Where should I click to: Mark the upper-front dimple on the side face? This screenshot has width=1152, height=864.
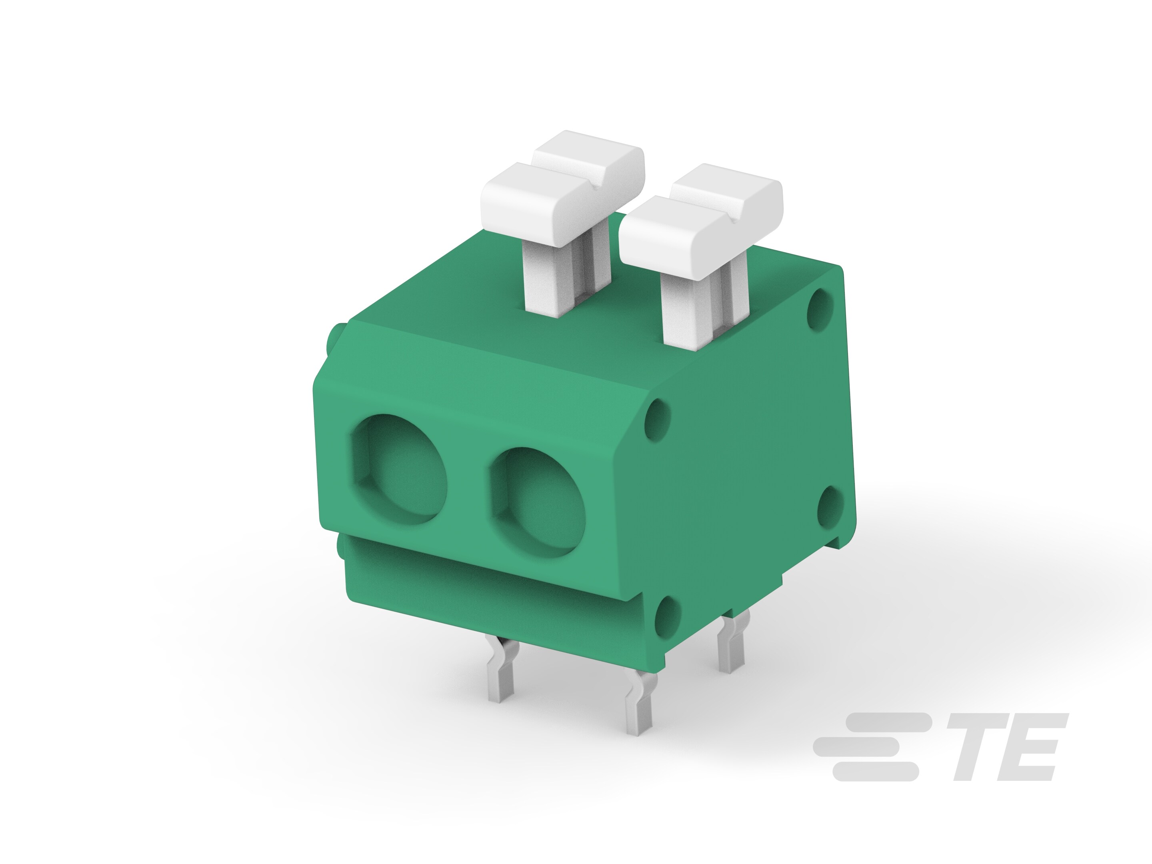(x=657, y=420)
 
